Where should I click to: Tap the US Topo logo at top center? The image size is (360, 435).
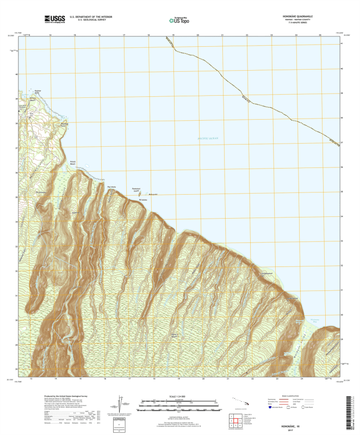(x=180, y=20)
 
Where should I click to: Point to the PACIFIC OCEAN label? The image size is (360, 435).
(x=207, y=140)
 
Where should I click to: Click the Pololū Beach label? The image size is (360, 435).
(x=75, y=163)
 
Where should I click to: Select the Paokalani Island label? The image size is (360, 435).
(x=136, y=190)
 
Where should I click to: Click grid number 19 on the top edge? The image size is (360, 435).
(x=173, y=35)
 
